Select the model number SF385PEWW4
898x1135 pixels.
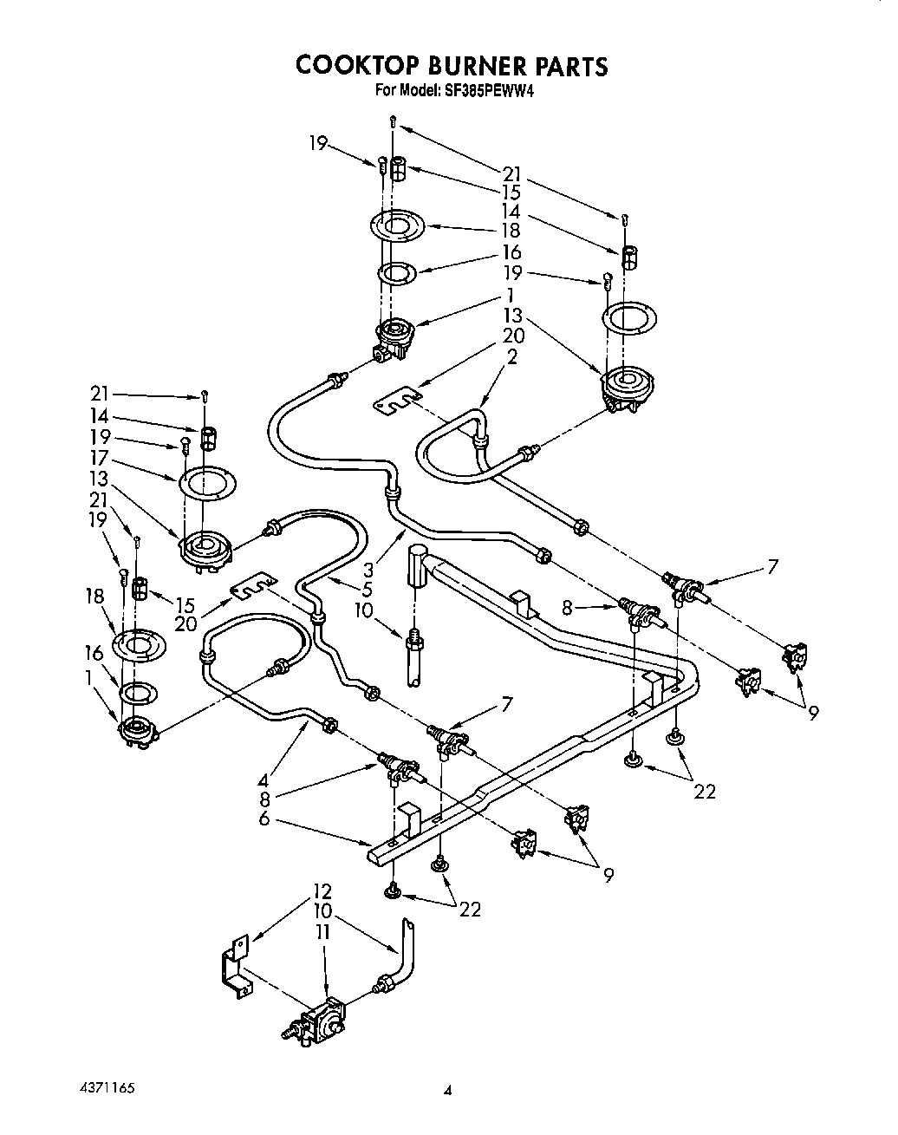482,90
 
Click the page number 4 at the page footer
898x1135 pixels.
447,1091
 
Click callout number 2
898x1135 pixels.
512,356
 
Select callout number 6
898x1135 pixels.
264,817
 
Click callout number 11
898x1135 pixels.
322,933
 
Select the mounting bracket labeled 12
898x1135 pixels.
234,967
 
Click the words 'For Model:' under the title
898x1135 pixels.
407,90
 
